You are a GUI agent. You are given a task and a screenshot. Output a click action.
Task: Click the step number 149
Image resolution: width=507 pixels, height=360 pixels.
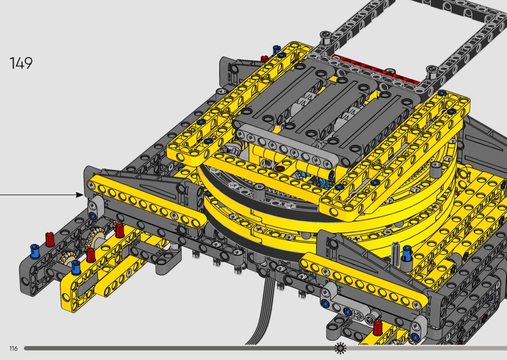21,63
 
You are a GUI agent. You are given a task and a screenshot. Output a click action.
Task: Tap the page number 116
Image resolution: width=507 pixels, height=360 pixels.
13,348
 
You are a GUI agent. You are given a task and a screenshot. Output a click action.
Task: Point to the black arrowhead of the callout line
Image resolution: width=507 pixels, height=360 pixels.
80,195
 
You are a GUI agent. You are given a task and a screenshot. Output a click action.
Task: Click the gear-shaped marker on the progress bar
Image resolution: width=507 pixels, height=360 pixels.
340,348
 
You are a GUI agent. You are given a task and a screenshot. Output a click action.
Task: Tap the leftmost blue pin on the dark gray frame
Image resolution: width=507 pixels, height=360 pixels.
35,251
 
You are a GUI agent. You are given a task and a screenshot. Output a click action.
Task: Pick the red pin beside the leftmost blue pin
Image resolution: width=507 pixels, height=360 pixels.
49,239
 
